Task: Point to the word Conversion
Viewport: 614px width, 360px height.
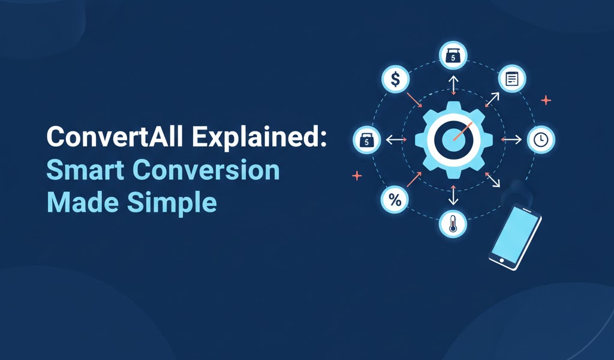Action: pos(207,170)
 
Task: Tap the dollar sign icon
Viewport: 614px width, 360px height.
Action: pos(396,79)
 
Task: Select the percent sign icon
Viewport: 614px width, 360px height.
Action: pos(395,199)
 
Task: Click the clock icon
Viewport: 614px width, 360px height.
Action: pos(541,139)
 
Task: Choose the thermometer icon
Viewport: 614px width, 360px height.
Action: pos(453,224)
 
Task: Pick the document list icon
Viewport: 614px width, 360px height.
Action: pos(512,79)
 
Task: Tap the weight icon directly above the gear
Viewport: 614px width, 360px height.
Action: pos(453,55)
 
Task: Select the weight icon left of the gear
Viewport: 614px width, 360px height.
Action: pos(366,140)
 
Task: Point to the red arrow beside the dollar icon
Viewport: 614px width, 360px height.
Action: pos(414,100)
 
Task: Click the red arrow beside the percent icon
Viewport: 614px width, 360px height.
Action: pos(414,179)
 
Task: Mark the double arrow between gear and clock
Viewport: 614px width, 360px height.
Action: pos(511,139)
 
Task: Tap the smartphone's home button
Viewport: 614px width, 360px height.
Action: pos(502,260)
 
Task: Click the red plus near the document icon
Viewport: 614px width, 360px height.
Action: pos(546,100)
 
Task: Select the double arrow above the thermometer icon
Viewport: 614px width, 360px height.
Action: pos(453,195)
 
